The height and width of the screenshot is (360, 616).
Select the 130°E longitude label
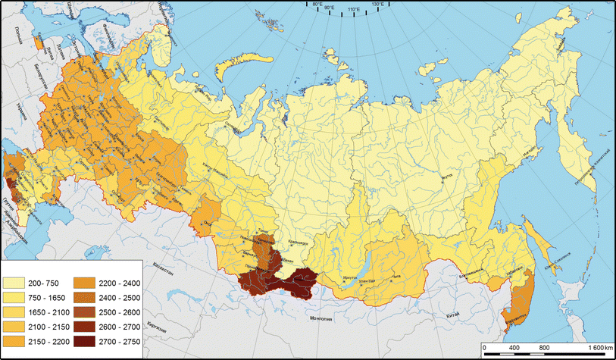(x=377, y=5)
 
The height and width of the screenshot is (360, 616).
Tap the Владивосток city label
(x=514, y=319)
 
